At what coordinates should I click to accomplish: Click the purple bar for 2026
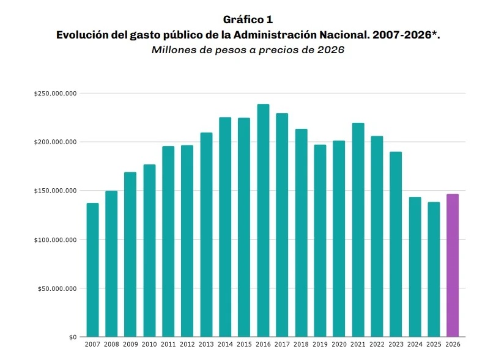453,265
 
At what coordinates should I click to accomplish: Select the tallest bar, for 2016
263,220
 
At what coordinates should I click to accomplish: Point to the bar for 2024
415,266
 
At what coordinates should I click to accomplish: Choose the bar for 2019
320,240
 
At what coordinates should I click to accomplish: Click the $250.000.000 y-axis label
55,94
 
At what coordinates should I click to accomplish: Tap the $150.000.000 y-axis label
55,191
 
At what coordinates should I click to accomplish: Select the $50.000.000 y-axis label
57,288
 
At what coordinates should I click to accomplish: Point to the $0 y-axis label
72,337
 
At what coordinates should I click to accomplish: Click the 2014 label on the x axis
225,345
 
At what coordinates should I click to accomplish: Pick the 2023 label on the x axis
396,345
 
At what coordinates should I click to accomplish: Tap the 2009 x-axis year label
130,345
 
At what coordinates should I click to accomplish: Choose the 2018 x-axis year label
301,345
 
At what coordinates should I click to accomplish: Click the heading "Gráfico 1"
248,20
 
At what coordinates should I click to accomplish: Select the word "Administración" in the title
284,35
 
